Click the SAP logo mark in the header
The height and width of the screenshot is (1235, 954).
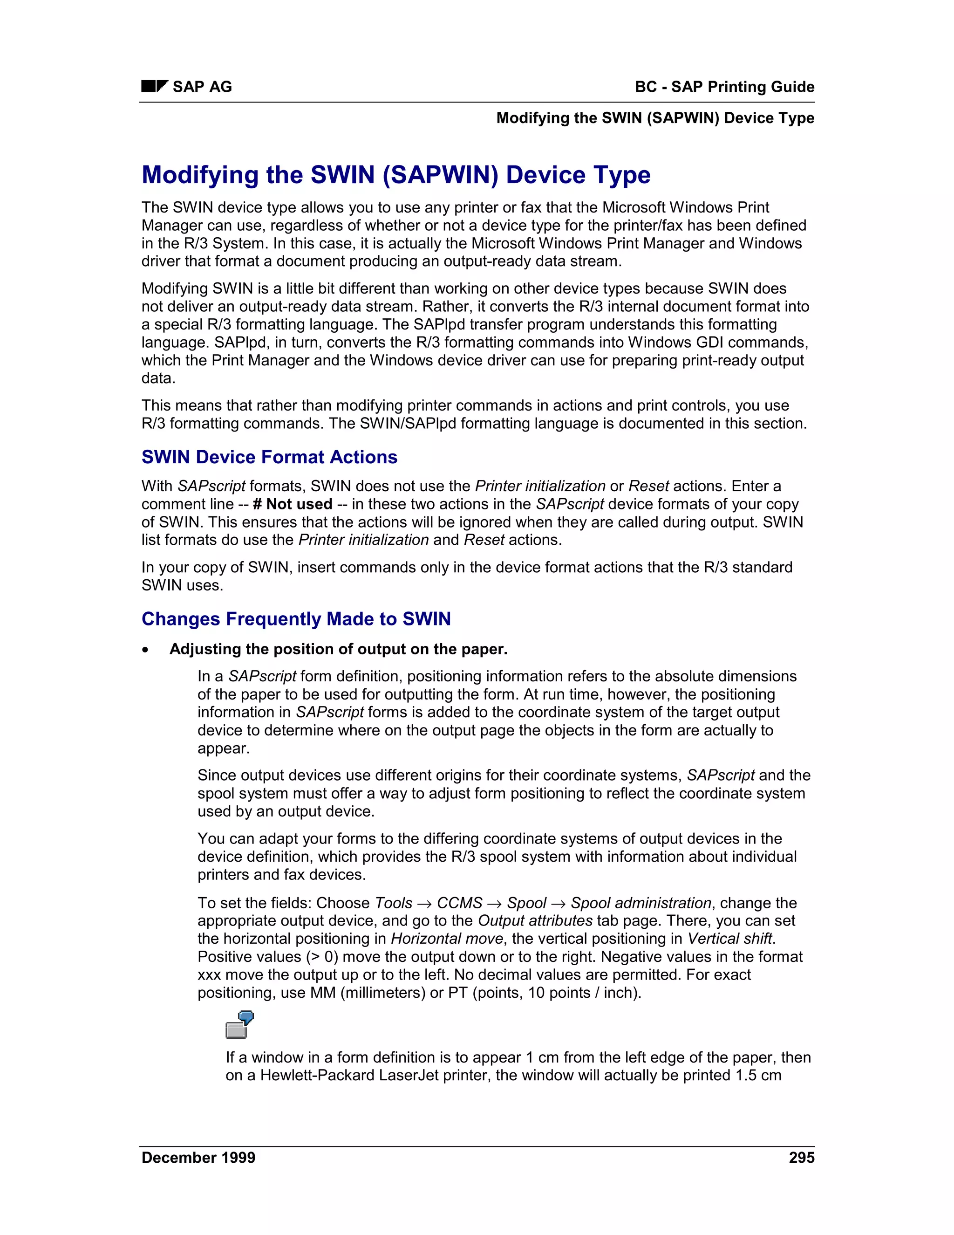tap(154, 87)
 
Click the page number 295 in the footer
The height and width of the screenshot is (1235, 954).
tap(801, 1158)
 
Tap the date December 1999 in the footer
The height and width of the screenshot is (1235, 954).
tap(198, 1158)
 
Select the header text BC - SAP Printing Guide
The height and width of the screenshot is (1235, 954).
tap(724, 87)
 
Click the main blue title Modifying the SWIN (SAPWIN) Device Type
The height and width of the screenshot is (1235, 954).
tap(395, 175)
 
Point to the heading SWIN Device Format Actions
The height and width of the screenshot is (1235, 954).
tap(269, 457)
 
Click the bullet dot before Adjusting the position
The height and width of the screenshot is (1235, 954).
tap(146, 650)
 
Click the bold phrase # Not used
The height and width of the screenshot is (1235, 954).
tap(292, 504)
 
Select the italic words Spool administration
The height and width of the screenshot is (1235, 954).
tap(641, 903)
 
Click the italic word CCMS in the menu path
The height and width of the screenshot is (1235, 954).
tap(459, 903)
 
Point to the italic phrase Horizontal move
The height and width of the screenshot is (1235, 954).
tap(446, 939)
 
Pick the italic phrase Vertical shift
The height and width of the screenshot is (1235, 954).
tap(729, 939)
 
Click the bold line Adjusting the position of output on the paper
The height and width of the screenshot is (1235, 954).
tap(338, 649)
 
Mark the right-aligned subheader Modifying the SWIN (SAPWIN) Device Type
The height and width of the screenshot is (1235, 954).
tap(655, 118)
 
